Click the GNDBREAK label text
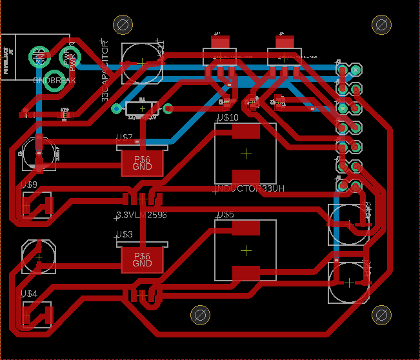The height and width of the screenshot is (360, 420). point(54,81)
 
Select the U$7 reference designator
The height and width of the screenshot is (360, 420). point(123,137)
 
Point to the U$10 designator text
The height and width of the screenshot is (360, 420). point(227,118)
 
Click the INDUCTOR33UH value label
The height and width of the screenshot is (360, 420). point(249,189)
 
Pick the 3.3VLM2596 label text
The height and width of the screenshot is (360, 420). point(141,215)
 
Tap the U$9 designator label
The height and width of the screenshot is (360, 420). point(29,185)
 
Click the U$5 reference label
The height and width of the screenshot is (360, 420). point(225,214)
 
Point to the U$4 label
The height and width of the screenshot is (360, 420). point(29,294)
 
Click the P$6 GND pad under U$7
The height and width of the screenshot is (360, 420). point(142,163)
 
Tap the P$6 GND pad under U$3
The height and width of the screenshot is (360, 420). point(142,260)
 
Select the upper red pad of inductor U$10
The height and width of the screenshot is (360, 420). point(246,132)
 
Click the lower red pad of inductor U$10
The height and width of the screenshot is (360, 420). point(246,176)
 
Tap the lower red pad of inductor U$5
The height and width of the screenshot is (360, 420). point(246,273)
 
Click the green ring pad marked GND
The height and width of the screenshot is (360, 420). point(39,57)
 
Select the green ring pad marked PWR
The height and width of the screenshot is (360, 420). point(69,57)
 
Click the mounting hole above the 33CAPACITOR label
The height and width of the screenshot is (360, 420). point(122,25)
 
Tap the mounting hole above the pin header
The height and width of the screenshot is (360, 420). point(381,25)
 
